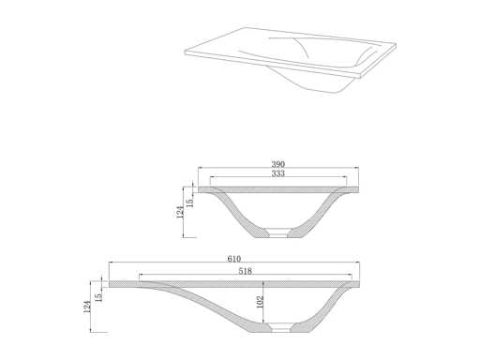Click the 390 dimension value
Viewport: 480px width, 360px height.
click(277, 164)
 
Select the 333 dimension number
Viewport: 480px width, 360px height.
click(277, 173)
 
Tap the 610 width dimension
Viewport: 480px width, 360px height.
click(233, 259)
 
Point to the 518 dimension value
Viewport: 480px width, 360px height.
click(245, 271)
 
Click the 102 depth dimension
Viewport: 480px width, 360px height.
click(260, 302)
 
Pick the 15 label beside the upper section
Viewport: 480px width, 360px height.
click(190, 202)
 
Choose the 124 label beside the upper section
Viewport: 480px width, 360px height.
click(180, 212)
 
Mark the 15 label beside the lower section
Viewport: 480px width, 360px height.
click(98, 297)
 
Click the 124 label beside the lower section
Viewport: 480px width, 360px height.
click(87, 307)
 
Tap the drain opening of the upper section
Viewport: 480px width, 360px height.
click(278, 232)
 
